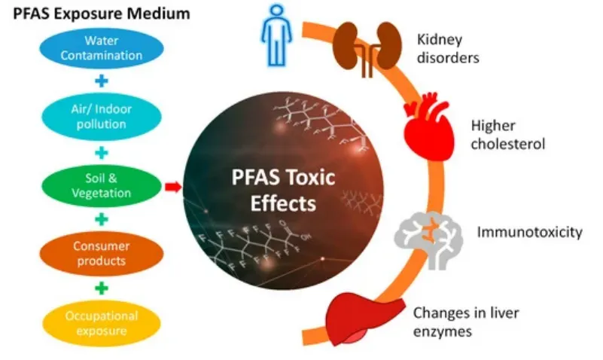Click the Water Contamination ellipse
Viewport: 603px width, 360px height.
point(102,48)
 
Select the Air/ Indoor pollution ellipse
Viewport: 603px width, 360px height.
point(102,117)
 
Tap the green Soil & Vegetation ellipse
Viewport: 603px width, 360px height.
point(102,185)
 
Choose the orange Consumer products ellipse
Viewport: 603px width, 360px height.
point(102,254)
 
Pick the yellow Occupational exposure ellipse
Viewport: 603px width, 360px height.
point(102,323)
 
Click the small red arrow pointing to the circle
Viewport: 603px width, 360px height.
point(173,187)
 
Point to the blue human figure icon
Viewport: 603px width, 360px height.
point(276,35)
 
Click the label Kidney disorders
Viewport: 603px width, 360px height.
point(448,48)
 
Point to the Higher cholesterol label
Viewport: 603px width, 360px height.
point(507,135)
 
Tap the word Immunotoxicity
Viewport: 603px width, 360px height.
point(529,232)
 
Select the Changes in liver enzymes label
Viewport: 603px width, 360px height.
point(466,322)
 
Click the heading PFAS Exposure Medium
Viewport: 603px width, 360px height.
point(102,14)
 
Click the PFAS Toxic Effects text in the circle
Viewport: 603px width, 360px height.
point(283,190)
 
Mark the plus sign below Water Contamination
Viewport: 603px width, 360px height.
point(102,81)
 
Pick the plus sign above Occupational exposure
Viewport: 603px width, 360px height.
point(102,288)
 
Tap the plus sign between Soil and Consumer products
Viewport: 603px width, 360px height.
point(102,220)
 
